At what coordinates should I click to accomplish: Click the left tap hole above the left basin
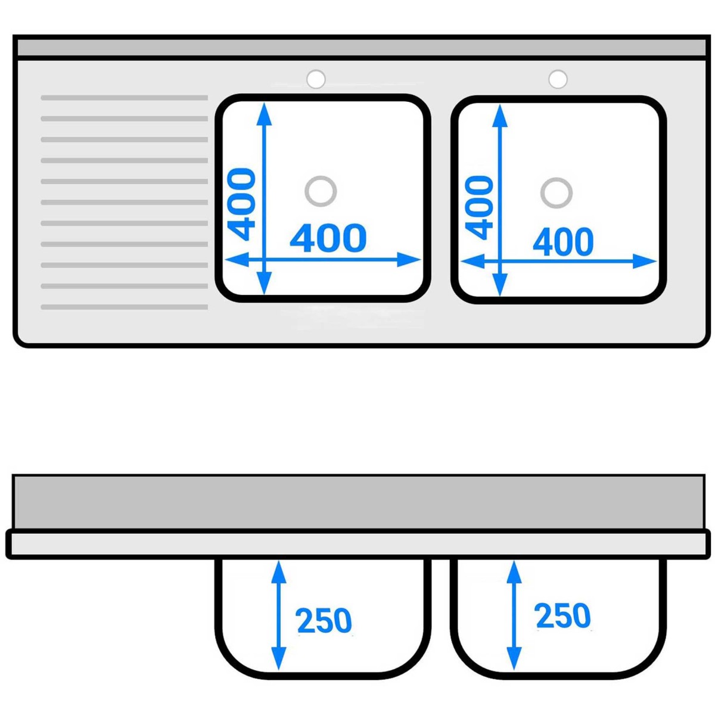pyautogui.click(x=316, y=79)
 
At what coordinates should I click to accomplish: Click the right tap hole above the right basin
pyautogui.click(x=558, y=79)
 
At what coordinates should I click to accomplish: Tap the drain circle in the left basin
pyautogui.click(x=321, y=191)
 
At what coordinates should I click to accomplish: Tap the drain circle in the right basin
pyautogui.click(x=556, y=193)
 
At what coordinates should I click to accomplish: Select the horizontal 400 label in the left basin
pyautogui.click(x=328, y=238)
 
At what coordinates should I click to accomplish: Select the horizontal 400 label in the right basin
pyautogui.click(x=563, y=241)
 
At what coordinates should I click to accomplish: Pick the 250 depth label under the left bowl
pyautogui.click(x=324, y=620)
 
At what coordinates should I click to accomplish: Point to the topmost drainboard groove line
pyautogui.click(x=125, y=98)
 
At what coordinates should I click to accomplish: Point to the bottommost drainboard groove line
pyautogui.click(x=125, y=307)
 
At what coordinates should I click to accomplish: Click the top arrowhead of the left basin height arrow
pyautogui.click(x=264, y=114)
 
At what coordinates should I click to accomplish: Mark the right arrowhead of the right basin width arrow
pyautogui.click(x=645, y=261)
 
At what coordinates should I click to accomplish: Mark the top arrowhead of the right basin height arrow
pyautogui.click(x=500, y=116)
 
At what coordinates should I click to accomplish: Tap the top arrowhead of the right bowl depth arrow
pyautogui.click(x=514, y=572)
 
